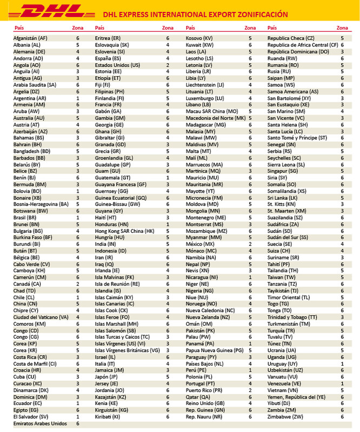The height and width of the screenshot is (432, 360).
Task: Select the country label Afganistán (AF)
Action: [30, 38]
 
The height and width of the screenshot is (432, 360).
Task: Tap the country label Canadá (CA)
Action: [28, 283]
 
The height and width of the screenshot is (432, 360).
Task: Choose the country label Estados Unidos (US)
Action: [117, 65]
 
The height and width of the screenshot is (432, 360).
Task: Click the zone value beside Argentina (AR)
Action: [78, 98]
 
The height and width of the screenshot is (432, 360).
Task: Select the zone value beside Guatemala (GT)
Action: [168, 177]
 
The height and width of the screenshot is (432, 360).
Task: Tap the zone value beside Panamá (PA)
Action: [250, 343]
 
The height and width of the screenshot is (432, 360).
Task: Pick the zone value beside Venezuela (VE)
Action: [342, 382]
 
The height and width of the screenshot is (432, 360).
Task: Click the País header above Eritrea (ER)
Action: [99, 27]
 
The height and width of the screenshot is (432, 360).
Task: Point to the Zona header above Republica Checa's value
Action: [342, 27]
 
